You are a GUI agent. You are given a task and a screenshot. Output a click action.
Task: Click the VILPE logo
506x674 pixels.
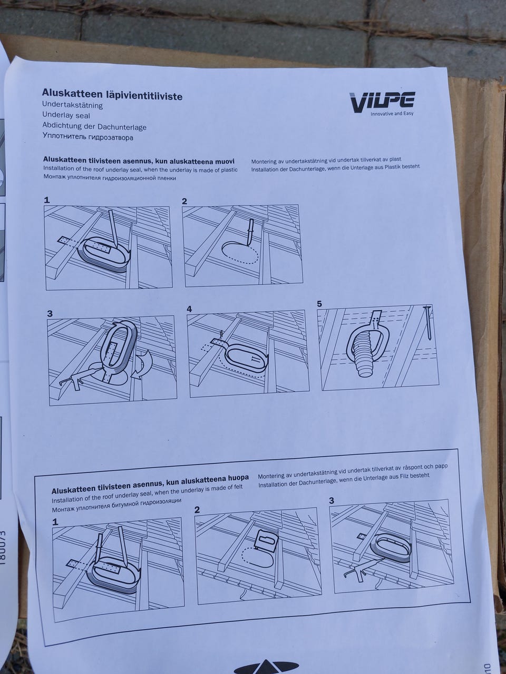(382, 102)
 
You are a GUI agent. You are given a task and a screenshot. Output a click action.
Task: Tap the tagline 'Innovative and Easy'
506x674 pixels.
(392, 114)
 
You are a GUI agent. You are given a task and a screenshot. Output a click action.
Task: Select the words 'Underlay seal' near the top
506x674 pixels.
(66, 115)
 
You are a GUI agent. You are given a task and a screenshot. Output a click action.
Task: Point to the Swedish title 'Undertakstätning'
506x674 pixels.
(73, 105)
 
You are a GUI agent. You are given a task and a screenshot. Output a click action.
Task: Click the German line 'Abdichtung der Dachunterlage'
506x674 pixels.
(94, 126)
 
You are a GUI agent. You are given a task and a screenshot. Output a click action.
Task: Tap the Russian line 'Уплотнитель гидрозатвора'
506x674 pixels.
(88, 137)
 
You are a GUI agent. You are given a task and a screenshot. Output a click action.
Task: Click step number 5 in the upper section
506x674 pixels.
(319, 304)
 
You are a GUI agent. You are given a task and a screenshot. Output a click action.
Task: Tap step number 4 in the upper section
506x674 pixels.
(190, 309)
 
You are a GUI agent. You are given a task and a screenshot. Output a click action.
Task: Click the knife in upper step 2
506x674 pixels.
(249, 231)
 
